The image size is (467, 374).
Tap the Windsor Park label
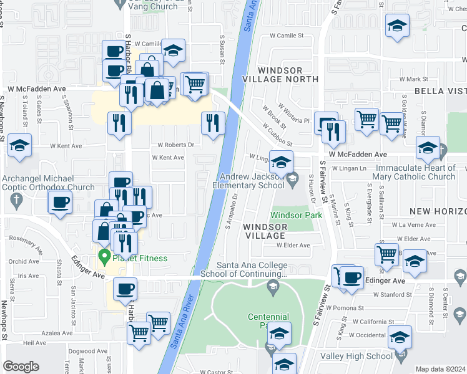[297, 215]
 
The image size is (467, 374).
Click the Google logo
[21, 366]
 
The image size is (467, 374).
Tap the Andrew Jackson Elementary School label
[248, 181]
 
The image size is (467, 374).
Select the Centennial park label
[268, 321]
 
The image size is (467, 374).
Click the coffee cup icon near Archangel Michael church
[61, 203]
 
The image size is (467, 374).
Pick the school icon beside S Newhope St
[20, 147]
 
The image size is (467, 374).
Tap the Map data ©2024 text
[441, 369]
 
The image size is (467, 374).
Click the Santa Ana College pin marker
[272, 286]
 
